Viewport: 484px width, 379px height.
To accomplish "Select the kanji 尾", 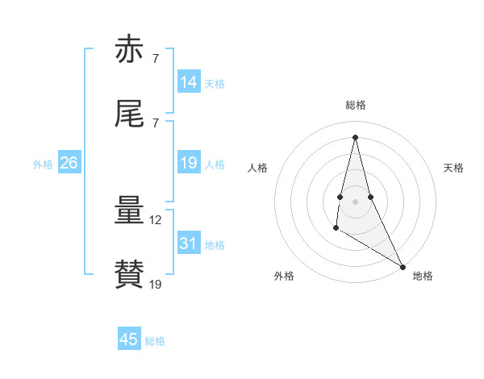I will click(x=129, y=115).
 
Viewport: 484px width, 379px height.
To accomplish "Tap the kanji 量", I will click(x=129, y=211).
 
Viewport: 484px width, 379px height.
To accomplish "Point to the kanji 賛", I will click(x=129, y=275).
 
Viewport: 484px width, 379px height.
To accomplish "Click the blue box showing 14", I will click(x=189, y=82).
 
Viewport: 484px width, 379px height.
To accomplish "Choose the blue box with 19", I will click(x=189, y=163).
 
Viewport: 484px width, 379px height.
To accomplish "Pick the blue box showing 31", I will click(x=189, y=244).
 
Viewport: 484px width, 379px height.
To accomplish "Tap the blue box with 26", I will click(x=69, y=163).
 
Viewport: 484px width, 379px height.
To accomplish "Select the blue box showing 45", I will click(x=129, y=339).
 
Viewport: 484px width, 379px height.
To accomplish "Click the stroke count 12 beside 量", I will click(x=156, y=219).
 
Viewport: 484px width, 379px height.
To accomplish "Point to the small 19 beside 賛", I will click(x=156, y=284).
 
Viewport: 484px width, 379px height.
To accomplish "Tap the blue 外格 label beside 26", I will click(x=43, y=165).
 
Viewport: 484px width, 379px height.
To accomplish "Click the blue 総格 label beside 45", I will click(x=155, y=341).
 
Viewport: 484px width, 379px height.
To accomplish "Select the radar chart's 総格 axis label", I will click(x=356, y=105).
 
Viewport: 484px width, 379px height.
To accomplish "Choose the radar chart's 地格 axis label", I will click(x=423, y=276).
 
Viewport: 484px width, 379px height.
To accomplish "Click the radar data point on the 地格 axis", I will click(x=403, y=266).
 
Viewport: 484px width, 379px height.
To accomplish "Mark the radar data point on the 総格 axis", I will click(x=355, y=137).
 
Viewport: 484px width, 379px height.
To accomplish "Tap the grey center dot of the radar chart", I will click(x=355, y=201).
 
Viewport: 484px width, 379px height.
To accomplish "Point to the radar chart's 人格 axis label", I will click(x=258, y=168).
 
